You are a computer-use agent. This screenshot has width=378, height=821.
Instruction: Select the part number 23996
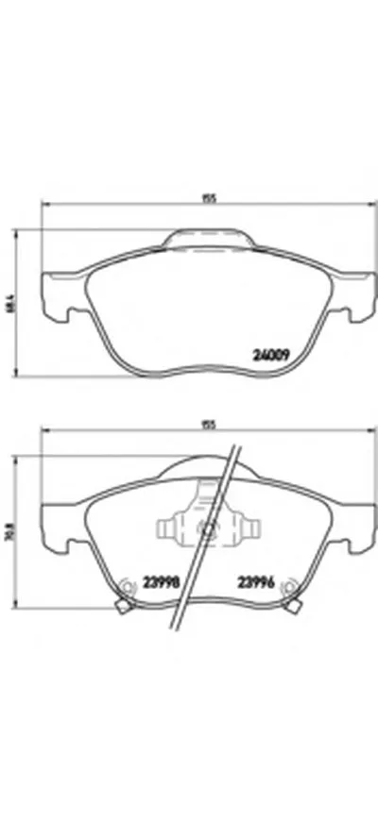(257, 581)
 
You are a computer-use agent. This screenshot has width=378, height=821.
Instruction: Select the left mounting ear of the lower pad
(55, 527)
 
